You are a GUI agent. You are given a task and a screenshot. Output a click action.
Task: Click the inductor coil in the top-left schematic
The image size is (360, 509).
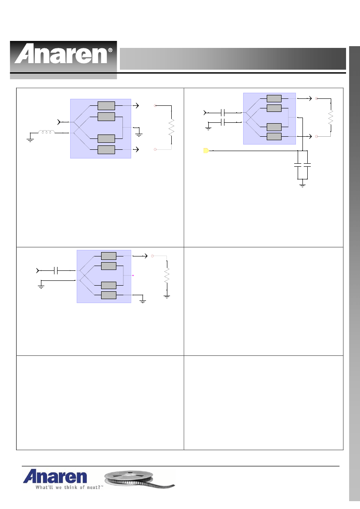pyautogui.click(x=47, y=132)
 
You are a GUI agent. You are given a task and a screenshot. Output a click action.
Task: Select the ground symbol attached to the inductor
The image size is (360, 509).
pyautogui.click(x=30, y=140)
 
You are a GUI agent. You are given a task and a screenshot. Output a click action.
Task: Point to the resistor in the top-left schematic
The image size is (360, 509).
pyautogui.click(x=171, y=127)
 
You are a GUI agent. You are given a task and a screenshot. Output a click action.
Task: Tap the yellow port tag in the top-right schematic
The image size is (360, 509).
pyautogui.click(x=206, y=151)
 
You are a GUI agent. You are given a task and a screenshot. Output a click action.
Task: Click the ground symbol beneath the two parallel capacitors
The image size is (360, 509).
pyautogui.click(x=302, y=185)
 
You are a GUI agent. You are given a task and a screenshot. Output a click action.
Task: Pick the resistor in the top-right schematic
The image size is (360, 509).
pyautogui.click(x=331, y=118)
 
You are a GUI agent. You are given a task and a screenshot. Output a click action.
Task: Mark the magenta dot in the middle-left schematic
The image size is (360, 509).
pyautogui.click(x=133, y=276)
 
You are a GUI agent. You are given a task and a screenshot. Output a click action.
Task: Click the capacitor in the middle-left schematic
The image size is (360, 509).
pyautogui.click(x=56, y=270)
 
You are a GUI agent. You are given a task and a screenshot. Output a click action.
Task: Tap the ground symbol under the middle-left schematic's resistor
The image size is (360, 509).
pyautogui.click(x=166, y=296)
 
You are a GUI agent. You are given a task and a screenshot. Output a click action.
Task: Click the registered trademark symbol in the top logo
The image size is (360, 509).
pyautogui.click(x=110, y=51)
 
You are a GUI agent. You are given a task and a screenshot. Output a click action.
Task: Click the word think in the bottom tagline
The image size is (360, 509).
pyautogui.click(x=71, y=487)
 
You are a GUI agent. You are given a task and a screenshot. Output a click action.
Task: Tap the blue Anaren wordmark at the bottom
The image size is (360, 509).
pyautogui.click(x=55, y=476)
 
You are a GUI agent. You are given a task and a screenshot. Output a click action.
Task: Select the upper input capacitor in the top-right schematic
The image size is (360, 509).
pyautogui.click(x=223, y=113)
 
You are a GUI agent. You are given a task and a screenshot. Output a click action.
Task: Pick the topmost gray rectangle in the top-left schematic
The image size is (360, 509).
pyautogui.click(x=106, y=106)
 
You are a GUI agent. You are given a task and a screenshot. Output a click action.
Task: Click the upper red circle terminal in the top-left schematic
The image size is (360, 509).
pyautogui.click(x=155, y=105)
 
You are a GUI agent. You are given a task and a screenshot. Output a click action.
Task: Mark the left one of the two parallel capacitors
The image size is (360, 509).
pyautogui.click(x=298, y=165)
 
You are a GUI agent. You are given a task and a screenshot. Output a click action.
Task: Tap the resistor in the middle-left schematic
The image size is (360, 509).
pyautogui.click(x=166, y=275)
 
